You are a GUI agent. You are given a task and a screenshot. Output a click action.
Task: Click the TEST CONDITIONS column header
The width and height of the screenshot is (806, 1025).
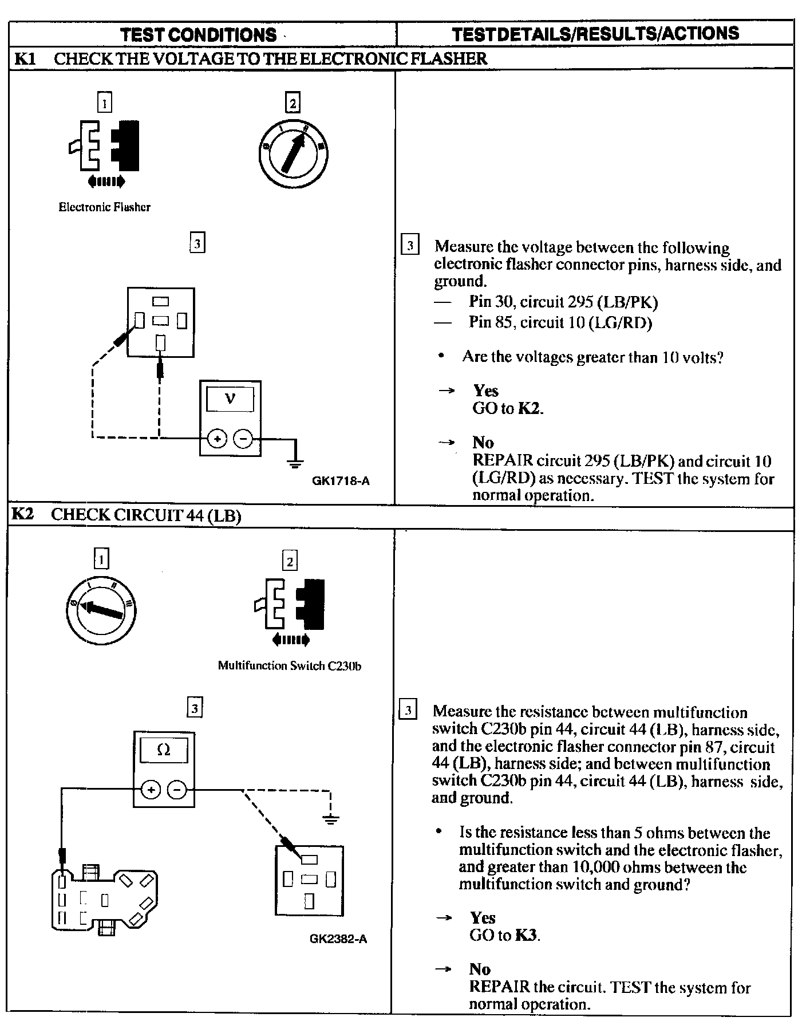(199, 34)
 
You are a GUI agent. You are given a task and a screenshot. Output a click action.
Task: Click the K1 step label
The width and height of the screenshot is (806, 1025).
(24, 58)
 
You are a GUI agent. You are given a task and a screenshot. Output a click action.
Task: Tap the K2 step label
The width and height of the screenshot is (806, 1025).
(23, 514)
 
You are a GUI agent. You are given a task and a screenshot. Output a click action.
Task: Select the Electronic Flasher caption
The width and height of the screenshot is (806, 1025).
(105, 207)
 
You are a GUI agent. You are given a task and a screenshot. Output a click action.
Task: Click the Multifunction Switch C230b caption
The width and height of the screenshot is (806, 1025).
(289, 666)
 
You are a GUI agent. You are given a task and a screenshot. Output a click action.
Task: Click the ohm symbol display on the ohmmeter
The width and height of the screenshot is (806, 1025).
(164, 750)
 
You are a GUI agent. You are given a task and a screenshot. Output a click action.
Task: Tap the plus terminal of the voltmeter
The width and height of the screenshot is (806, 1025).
(217, 439)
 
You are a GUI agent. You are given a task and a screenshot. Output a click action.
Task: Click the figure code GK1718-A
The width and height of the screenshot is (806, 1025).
(341, 481)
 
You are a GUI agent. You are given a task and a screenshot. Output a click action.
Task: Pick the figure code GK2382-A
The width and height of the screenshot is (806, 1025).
(338, 939)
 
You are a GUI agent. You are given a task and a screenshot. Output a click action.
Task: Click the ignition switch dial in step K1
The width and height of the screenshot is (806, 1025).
(293, 153)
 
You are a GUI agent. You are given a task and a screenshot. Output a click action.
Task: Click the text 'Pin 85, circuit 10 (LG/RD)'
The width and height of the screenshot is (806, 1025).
(560, 322)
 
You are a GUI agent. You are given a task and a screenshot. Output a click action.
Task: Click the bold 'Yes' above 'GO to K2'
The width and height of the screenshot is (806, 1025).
(485, 391)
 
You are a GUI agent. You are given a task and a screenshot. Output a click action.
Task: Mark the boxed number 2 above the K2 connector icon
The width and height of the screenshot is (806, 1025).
(290, 561)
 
